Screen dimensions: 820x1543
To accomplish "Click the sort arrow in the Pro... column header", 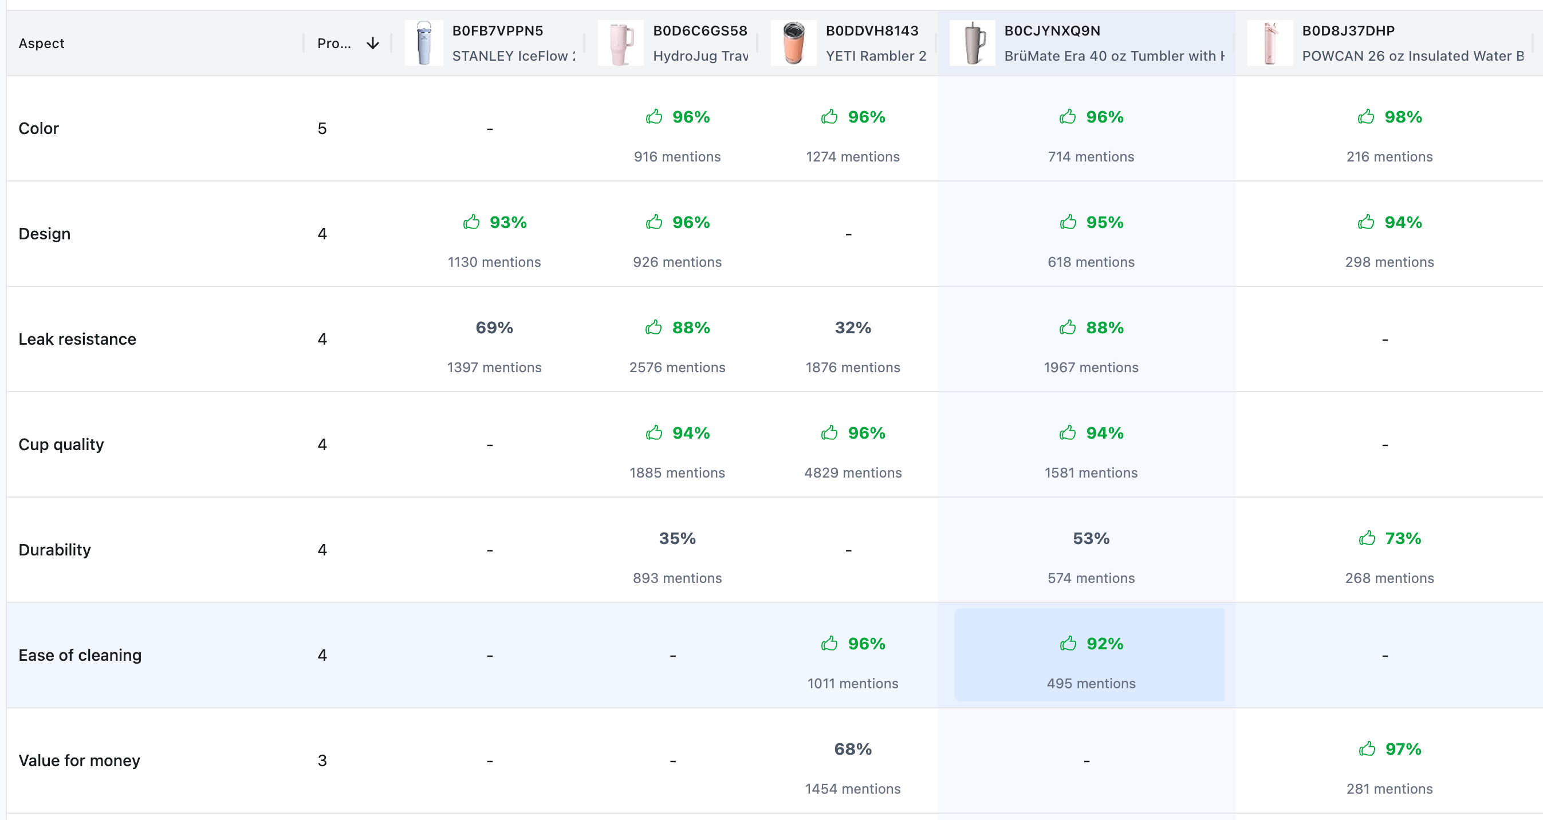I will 372,43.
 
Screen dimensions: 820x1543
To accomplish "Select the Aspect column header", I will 41,43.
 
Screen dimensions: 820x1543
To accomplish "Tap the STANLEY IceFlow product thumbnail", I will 423,43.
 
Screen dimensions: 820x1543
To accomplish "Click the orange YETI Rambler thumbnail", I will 794,43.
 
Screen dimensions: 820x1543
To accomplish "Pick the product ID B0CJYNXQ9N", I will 1052,30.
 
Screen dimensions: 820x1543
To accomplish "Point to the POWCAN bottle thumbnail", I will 1269,43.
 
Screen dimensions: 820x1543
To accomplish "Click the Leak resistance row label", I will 77,339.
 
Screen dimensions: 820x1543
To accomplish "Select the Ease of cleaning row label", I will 80,655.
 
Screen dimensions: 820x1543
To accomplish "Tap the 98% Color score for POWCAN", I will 1402,117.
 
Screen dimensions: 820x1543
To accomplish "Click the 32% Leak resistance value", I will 852,328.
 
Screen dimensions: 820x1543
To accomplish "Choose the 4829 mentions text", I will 852,472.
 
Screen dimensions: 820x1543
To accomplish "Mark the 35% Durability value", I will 677,538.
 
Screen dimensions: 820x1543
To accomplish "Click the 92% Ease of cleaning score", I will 1104,644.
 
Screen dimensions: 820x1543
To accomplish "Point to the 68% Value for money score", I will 852,750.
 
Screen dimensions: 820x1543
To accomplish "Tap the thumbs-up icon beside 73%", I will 1367,538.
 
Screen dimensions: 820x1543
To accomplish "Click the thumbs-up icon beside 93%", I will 471,222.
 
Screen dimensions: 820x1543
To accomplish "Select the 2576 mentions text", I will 677,367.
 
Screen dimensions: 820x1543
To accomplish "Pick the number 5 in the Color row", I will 322,128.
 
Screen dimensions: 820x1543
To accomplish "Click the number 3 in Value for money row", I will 322,760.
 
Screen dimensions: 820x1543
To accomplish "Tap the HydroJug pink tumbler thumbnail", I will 620,43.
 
